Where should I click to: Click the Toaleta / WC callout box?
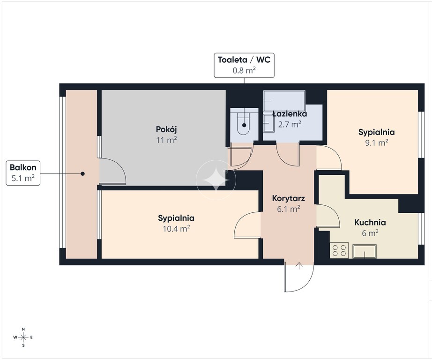click(244, 65)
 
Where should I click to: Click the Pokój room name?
click(166, 129)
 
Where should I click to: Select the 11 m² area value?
click(166, 140)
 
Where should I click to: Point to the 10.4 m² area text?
click(176, 228)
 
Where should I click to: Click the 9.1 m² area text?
click(377, 142)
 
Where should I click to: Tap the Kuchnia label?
click(370, 223)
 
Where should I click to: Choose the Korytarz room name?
click(289, 198)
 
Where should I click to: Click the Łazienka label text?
click(290, 113)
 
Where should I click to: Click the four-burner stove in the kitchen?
click(339, 250)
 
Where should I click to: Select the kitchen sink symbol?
click(365, 251)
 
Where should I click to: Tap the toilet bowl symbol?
click(244, 123)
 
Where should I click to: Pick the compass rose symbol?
click(23, 337)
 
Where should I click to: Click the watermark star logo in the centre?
click(216, 180)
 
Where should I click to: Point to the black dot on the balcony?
click(82, 173)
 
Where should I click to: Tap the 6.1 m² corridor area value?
click(289, 209)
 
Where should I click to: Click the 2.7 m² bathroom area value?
click(290, 124)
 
